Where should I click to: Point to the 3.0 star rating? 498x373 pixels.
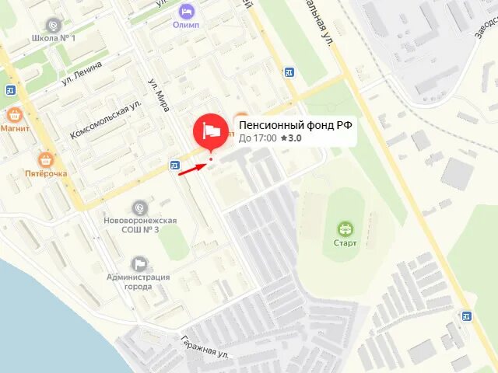[x=291, y=138]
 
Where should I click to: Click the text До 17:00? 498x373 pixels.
[x=257, y=138]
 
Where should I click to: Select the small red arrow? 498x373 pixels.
[x=191, y=169]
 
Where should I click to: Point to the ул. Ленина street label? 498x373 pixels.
[x=82, y=75]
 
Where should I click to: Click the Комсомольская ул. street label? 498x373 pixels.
[x=105, y=119]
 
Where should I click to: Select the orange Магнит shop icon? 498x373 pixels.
[x=13, y=115]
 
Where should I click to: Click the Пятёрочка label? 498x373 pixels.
[x=46, y=174]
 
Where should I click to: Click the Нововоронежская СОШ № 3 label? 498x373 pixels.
[x=140, y=225]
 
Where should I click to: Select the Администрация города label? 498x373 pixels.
[x=139, y=281]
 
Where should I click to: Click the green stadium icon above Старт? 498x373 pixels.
[x=345, y=229]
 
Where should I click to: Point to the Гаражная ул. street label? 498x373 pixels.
[x=205, y=346]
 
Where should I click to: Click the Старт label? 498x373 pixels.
[x=345, y=243]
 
